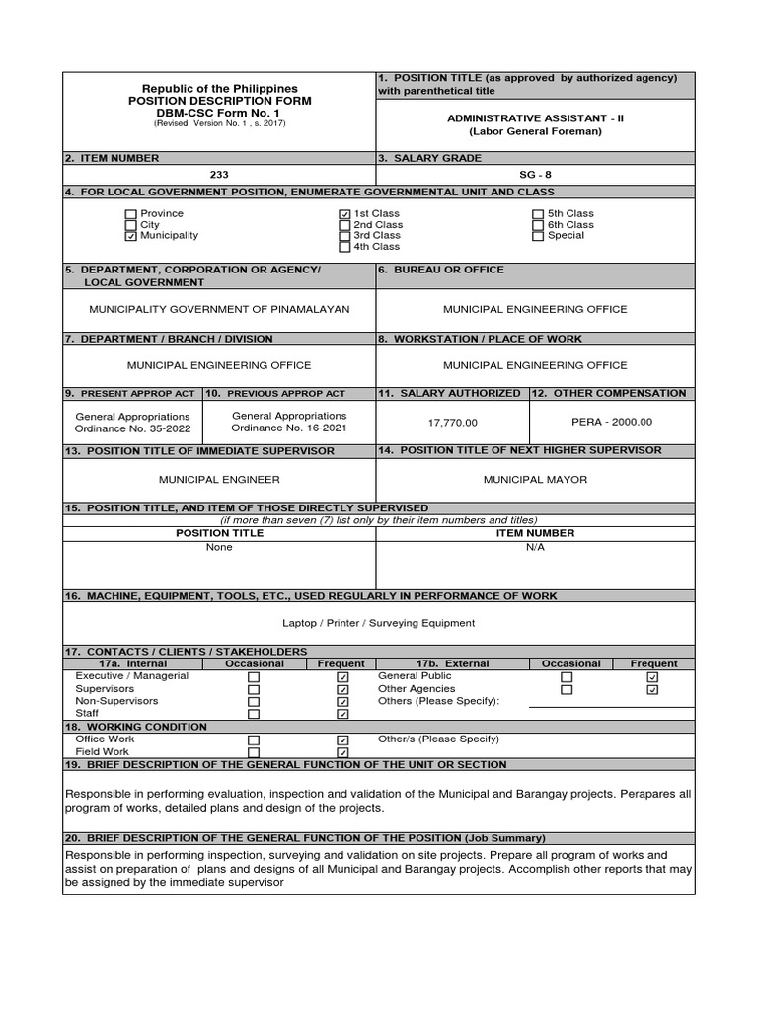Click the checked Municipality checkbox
click(x=131, y=236)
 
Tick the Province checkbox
click(x=131, y=214)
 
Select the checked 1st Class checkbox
click(x=344, y=214)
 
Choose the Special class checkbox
click(x=538, y=236)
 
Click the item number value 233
click(x=219, y=174)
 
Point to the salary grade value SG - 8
click(x=535, y=174)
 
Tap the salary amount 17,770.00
click(x=452, y=422)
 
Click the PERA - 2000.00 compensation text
click(x=612, y=422)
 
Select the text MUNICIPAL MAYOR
click(x=535, y=480)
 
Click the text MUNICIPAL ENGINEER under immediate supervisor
click(x=219, y=480)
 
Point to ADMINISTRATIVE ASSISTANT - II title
click(x=535, y=118)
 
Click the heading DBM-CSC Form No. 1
click(x=219, y=113)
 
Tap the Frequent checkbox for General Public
click(x=652, y=678)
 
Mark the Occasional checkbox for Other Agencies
click(x=567, y=690)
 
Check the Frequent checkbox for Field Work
click(x=342, y=752)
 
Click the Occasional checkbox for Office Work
click(x=254, y=739)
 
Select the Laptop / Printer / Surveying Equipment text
click(x=378, y=623)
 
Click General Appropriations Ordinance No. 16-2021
click(x=288, y=422)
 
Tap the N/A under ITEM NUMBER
click(x=535, y=546)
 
